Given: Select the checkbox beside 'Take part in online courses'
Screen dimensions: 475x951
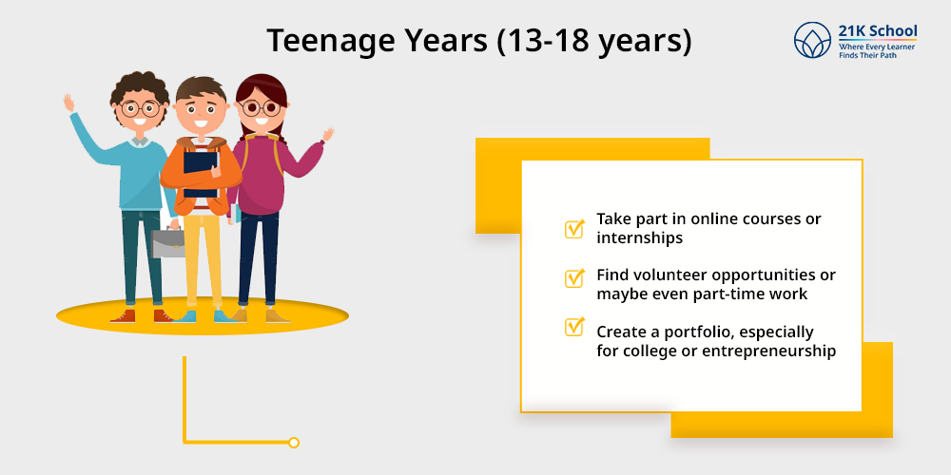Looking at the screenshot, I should pos(574,229).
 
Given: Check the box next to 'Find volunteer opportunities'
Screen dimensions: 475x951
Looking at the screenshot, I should pos(574,277).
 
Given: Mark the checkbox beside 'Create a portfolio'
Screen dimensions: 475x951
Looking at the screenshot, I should pos(574,327).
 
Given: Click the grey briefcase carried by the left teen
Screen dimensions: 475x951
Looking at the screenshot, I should pos(167,243).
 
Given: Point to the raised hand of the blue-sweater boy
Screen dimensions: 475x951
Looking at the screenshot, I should pos(68,102).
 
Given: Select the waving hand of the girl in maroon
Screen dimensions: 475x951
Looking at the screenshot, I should pos(328,135).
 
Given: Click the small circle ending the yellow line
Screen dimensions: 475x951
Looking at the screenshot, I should pos(294,443).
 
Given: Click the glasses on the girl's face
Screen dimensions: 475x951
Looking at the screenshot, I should pos(259,108).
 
